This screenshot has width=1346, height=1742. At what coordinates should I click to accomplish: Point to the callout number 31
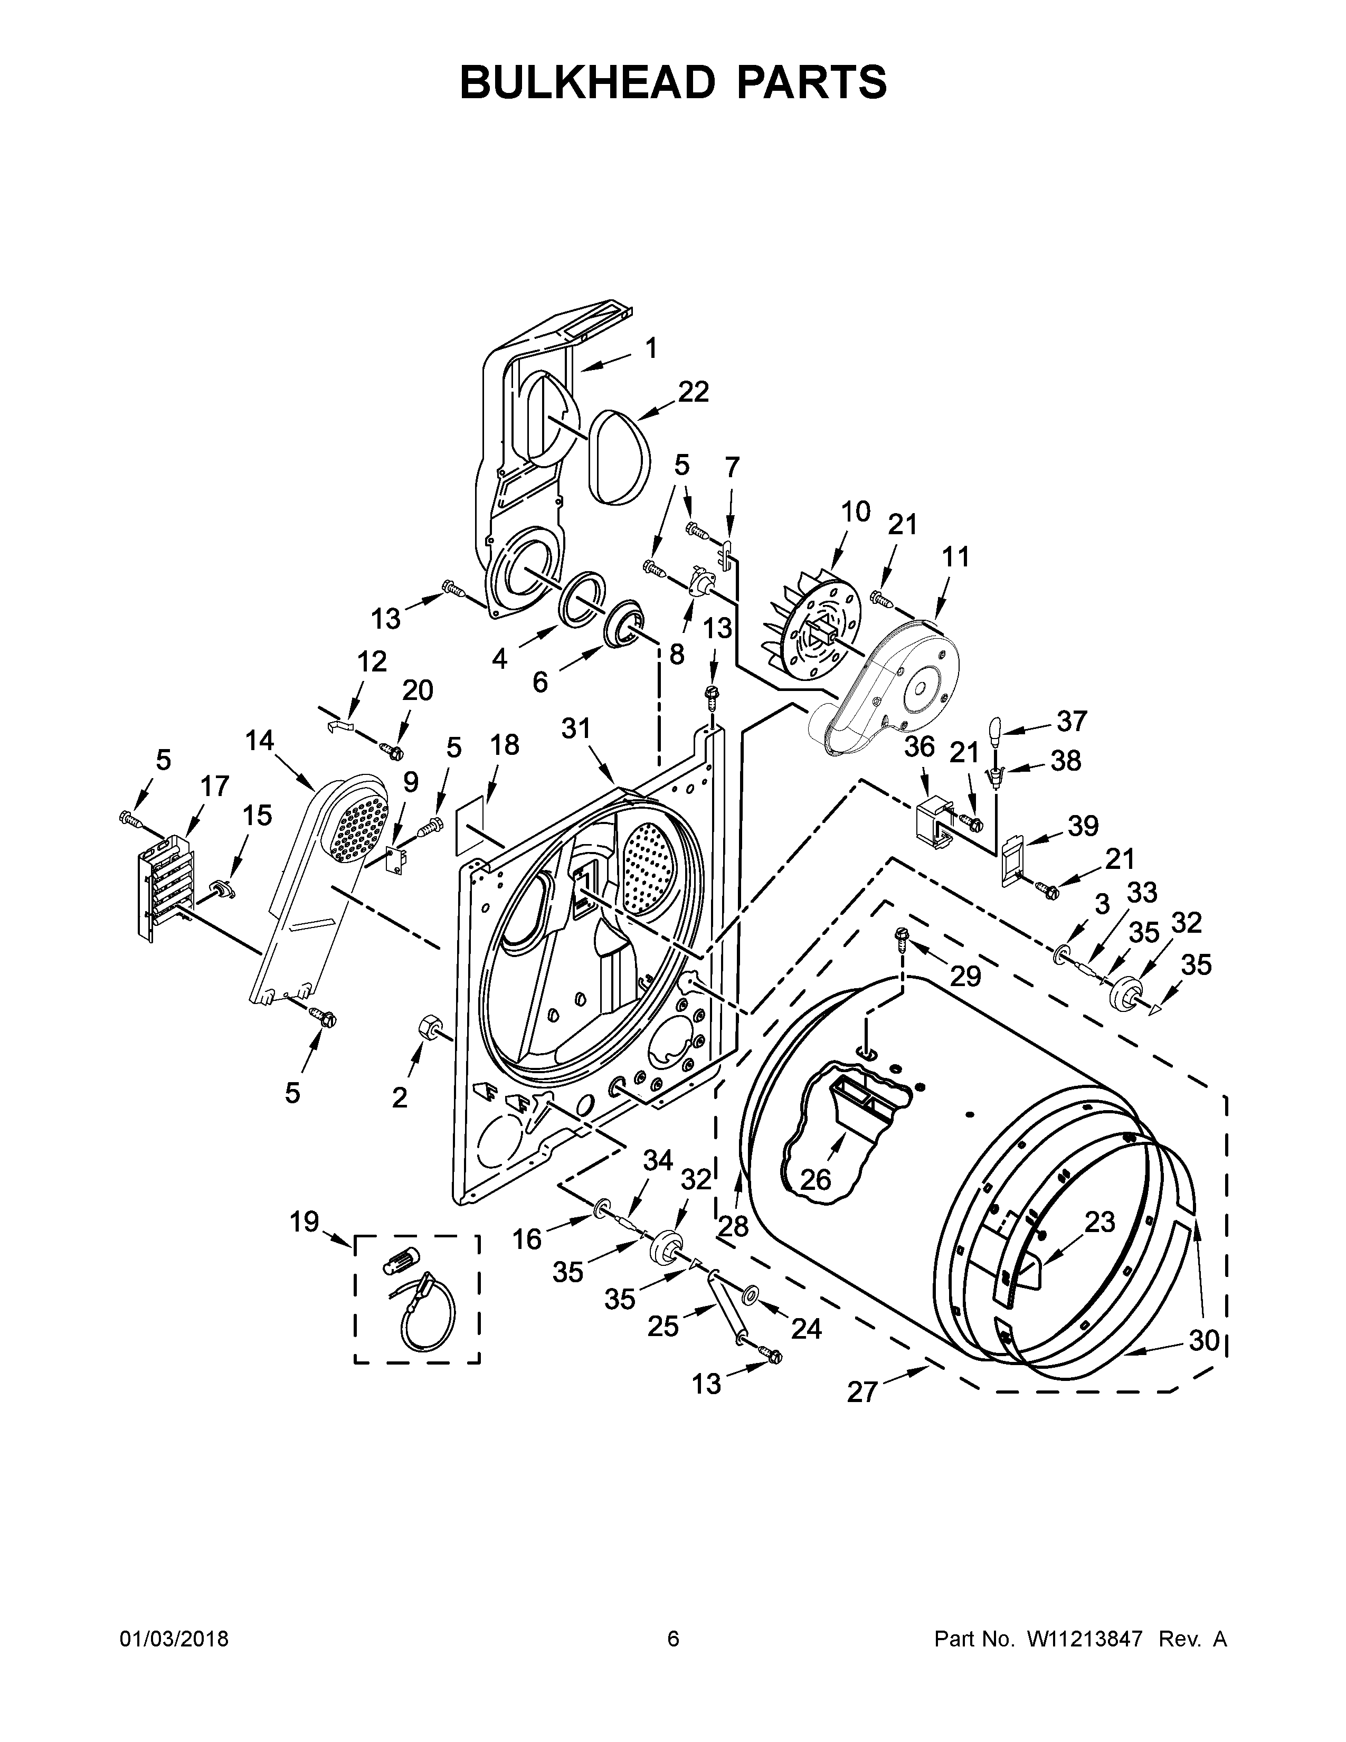(x=576, y=727)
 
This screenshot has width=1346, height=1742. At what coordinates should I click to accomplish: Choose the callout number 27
(x=862, y=1393)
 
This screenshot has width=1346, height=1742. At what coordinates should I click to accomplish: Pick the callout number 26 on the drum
(x=815, y=1179)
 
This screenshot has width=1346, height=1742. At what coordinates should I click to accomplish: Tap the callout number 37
(x=1071, y=721)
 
